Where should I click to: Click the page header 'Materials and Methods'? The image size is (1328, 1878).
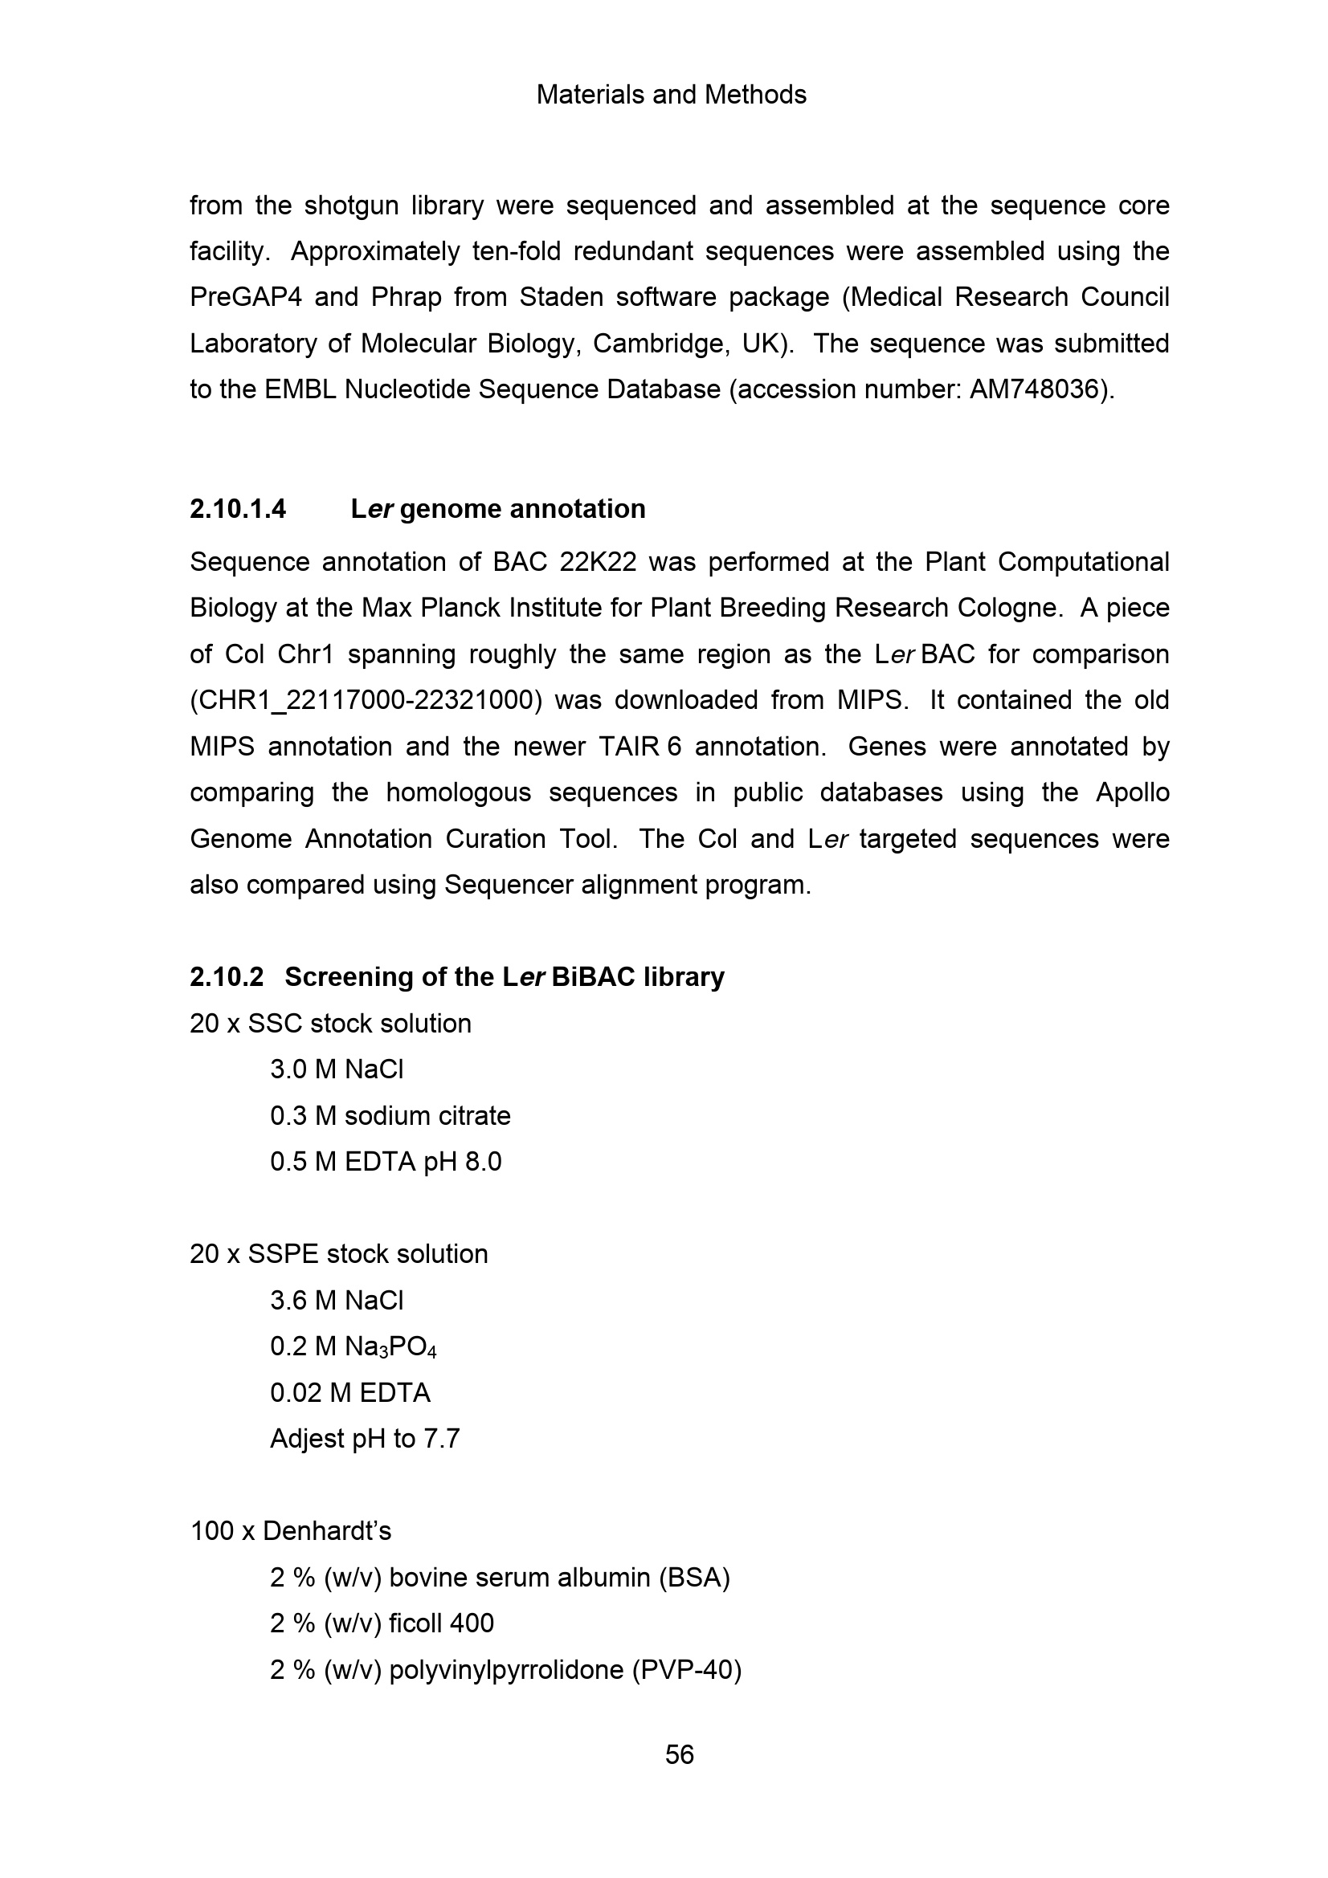point(671,95)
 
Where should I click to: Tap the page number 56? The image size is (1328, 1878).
point(679,1754)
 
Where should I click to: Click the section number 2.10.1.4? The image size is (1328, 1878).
point(238,509)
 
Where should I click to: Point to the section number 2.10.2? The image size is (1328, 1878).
point(227,976)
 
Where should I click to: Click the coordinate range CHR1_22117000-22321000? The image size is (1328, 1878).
point(366,701)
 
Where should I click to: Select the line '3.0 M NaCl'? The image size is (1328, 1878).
point(337,1069)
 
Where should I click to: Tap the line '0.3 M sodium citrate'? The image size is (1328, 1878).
point(390,1116)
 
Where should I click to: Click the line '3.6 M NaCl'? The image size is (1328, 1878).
point(337,1301)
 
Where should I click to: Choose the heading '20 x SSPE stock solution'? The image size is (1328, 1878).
point(339,1254)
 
